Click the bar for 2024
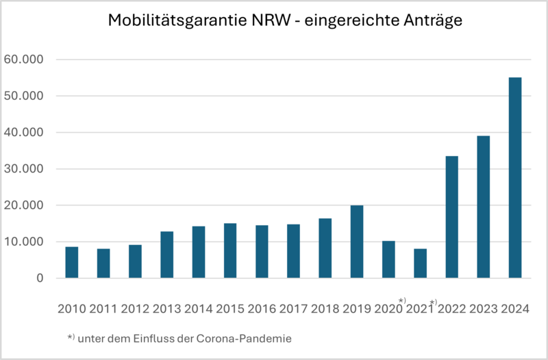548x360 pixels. [x=514, y=178]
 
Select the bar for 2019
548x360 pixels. [x=356, y=242]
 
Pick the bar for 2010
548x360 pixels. [x=71, y=262]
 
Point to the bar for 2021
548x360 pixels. [x=420, y=263]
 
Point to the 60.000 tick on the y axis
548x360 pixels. [x=23, y=60]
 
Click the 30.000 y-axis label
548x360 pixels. [x=23, y=169]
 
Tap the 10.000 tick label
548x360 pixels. [x=23, y=242]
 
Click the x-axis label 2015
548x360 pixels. [x=230, y=308]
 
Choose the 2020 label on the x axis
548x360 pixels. [x=389, y=308]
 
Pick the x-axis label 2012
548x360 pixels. [x=135, y=308]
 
